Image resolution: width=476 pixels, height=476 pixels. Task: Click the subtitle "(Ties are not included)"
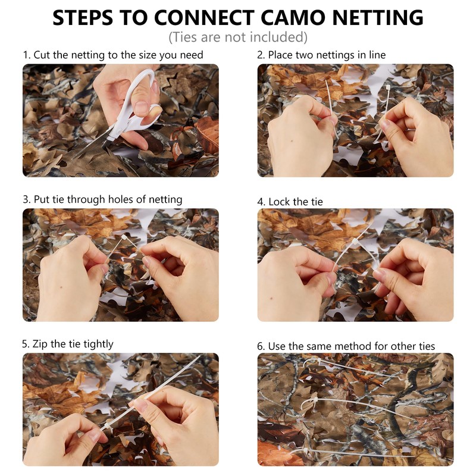[x=238, y=37]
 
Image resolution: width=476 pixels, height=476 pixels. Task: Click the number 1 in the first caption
[x=25, y=55]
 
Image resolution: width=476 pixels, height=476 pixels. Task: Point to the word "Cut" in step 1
[x=43, y=55]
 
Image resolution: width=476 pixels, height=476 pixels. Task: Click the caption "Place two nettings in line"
[x=327, y=55]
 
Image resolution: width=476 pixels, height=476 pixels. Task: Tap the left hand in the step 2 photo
[x=300, y=137]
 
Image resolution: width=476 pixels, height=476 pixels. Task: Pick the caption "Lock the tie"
[x=296, y=202]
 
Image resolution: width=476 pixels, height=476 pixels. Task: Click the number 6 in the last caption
[x=260, y=346]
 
